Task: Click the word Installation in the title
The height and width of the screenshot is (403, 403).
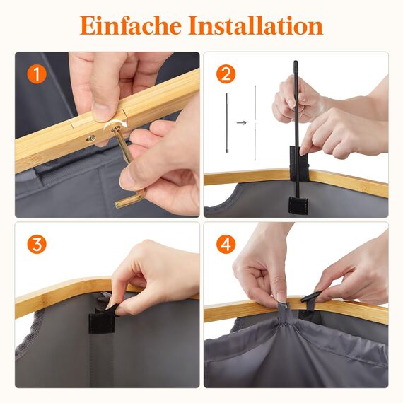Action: point(255,25)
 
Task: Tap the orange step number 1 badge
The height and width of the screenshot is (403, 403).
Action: point(37,74)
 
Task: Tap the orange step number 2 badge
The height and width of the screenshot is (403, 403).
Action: point(226,74)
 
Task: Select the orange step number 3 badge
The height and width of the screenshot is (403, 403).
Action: point(37,245)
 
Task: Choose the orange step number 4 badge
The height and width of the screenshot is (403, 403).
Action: point(226,245)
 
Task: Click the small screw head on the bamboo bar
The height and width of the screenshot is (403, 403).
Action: point(90,139)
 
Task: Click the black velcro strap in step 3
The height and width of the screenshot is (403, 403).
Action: point(100,322)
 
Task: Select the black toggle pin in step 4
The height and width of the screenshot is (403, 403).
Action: point(311,298)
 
